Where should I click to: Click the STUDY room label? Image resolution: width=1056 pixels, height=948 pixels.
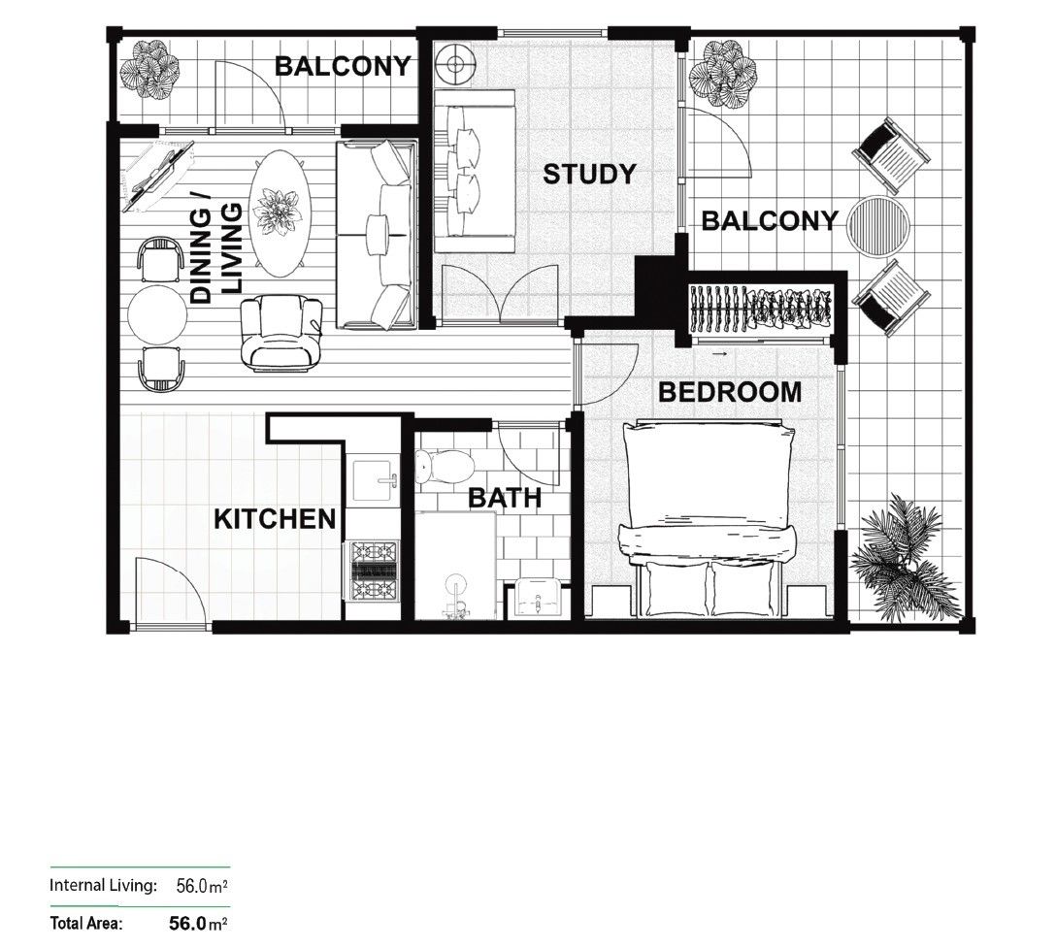click(589, 175)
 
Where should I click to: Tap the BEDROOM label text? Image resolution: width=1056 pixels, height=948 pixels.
click(730, 392)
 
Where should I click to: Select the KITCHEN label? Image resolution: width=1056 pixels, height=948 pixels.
click(275, 519)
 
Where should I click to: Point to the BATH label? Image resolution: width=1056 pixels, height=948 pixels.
click(505, 499)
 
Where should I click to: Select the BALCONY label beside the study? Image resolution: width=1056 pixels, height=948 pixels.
click(769, 221)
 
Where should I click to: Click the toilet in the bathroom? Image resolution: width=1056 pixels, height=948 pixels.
click(443, 469)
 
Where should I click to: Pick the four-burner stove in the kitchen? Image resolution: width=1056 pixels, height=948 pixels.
click(374, 572)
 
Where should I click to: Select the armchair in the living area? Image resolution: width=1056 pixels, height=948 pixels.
click(281, 333)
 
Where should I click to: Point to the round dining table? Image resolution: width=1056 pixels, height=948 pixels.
click(157, 314)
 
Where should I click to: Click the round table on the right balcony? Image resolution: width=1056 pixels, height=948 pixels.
click(878, 227)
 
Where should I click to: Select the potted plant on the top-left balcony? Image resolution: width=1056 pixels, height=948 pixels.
click(149, 69)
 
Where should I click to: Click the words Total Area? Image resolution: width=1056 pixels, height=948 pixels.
click(86, 924)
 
